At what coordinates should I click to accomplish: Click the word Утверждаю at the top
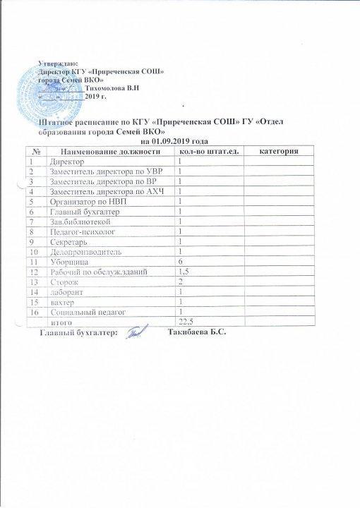(57, 64)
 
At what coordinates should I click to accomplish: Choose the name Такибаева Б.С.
(197, 332)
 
